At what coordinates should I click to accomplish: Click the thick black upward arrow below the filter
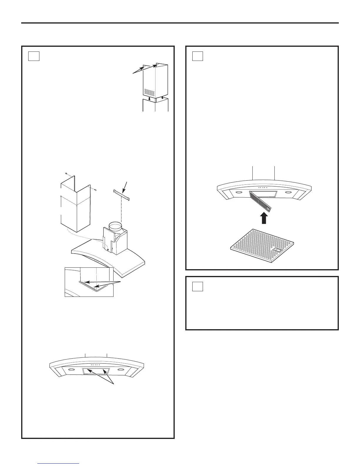point(264,218)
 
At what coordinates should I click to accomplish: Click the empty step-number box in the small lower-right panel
point(198,286)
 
